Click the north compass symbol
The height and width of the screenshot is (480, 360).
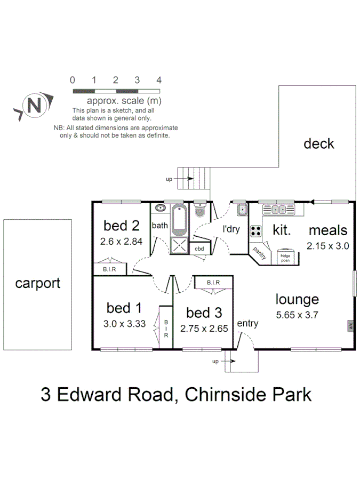(34, 105)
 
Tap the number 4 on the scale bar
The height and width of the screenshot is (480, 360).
(159, 80)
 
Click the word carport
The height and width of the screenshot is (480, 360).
(37, 283)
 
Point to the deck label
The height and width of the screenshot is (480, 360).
(318, 143)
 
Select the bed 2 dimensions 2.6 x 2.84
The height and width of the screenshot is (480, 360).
(121, 241)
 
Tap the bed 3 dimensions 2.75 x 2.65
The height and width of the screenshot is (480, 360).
(204, 329)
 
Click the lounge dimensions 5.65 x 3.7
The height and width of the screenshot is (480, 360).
(297, 315)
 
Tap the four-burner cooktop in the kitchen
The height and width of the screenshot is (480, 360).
(256, 231)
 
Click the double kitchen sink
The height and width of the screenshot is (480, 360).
(278, 209)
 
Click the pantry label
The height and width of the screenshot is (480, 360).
(260, 250)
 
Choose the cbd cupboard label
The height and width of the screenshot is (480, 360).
(199, 249)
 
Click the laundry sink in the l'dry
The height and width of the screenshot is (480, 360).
(241, 209)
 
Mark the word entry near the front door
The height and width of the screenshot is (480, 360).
(247, 323)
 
